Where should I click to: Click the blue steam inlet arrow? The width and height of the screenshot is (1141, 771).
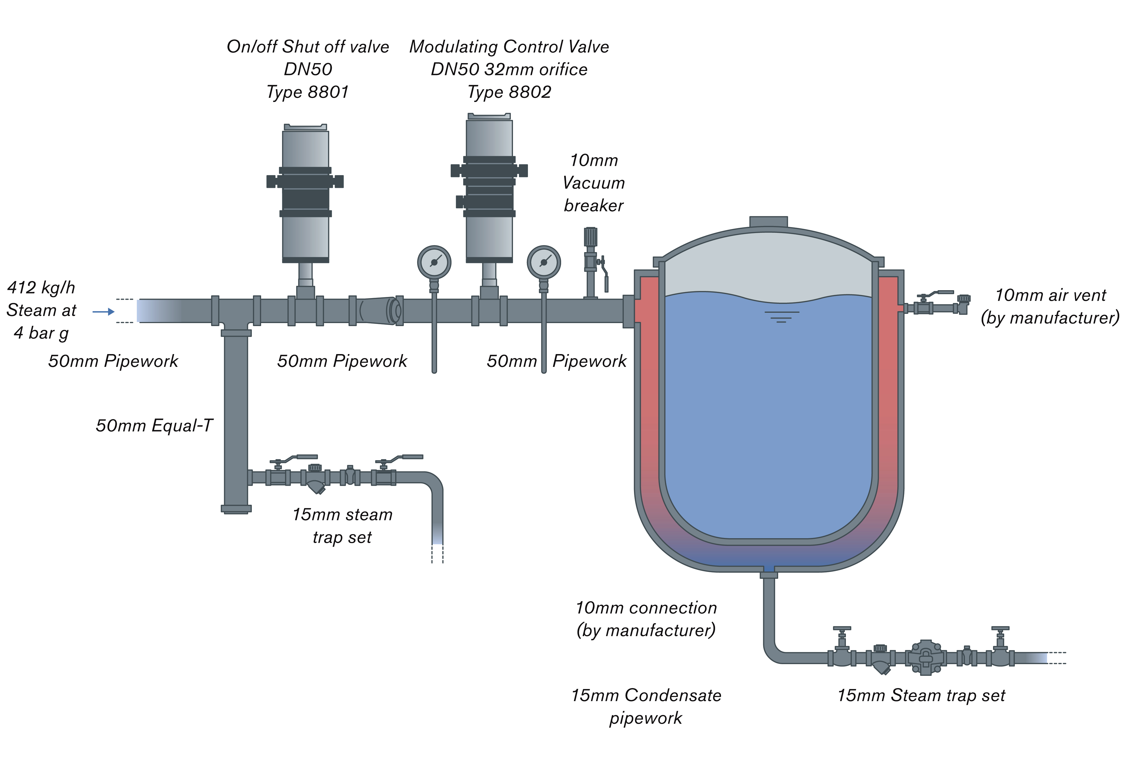[x=104, y=312]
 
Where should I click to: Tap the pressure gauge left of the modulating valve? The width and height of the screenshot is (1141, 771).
[x=434, y=262]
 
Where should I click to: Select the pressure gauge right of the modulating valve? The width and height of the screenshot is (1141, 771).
[x=543, y=262]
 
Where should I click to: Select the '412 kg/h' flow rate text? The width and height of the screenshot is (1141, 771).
[x=41, y=287]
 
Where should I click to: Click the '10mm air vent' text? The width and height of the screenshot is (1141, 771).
[x=1050, y=295]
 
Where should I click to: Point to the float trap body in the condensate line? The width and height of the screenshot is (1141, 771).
[x=926, y=658]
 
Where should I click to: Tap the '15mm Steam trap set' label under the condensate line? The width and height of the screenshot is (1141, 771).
[x=921, y=695]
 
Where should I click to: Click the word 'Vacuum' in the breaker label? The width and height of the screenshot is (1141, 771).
[x=593, y=183]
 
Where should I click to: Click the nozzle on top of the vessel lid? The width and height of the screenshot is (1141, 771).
[x=768, y=222]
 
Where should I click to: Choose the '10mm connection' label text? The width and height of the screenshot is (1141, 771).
[x=646, y=608]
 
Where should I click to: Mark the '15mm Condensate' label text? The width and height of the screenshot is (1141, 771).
[x=646, y=695]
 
